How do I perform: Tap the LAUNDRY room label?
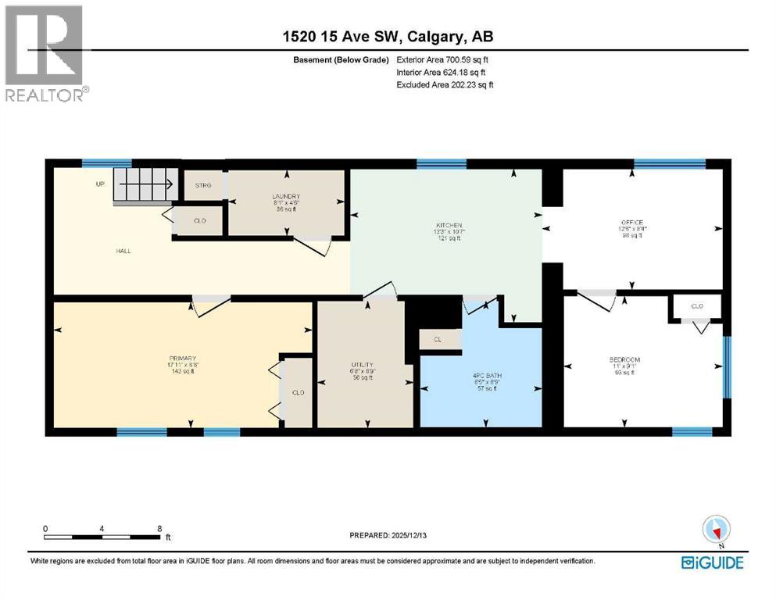coord(286,197)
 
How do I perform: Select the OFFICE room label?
coord(631,223)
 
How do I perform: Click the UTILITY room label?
coord(361,365)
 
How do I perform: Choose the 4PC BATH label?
coord(487,376)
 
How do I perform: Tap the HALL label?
coord(123,251)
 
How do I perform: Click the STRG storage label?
coord(202,186)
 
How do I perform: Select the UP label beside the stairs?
coord(100,185)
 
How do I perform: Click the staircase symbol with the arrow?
coord(144,186)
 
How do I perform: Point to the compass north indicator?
coord(716,531)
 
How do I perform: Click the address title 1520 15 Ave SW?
coord(388,37)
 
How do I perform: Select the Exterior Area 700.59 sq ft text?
coord(443,59)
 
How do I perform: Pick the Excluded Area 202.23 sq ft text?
coord(445,84)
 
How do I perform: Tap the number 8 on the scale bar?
coord(159,528)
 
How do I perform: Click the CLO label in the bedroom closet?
coord(696,306)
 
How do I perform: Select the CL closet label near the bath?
coord(437,340)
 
